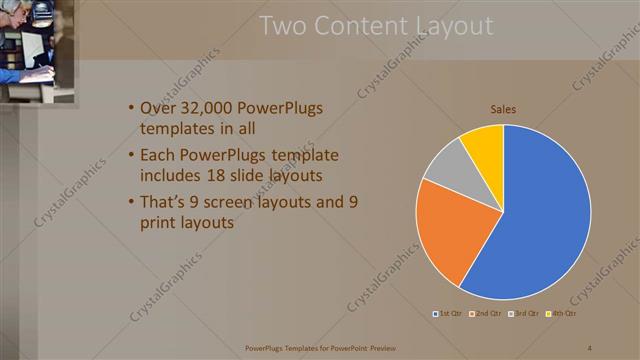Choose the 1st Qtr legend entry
click(x=446, y=314)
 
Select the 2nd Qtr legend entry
click(x=485, y=314)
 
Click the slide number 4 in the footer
click(x=590, y=348)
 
